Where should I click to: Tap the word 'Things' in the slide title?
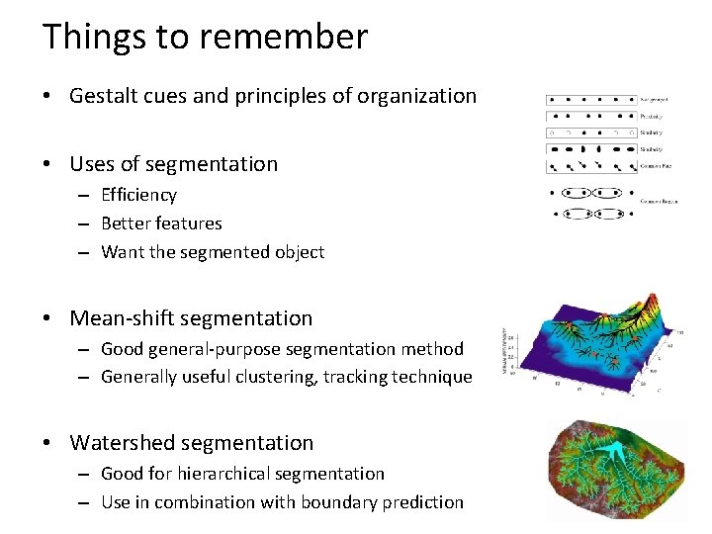pyautogui.click(x=91, y=37)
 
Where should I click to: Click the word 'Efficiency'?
pyautogui.click(x=138, y=195)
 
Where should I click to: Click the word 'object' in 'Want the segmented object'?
pyautogui.click(x=296, y=252)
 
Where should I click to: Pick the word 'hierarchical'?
pyautogui.click(x=228, y=474)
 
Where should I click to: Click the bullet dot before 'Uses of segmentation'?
pyautogui.click(x=47, y=164)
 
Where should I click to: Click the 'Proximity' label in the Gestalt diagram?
pyautogui.click(x=651, y=116)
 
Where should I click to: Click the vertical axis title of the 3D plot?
pyautogui.click(x=505, y=351)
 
